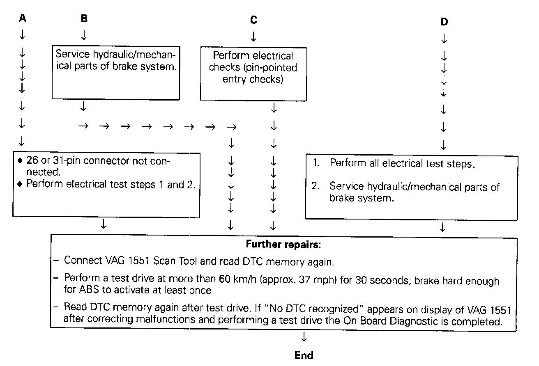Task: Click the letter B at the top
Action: click(x=84, y=18)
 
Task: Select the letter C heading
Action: click(x=253, y=20)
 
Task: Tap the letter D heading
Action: click(x=444, y=22)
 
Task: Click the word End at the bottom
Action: click(x=304, y=355)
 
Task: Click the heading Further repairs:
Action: click(x=283, y=245)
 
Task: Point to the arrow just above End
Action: click(x=304, y=337)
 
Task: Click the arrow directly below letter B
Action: click(x=84, y=36)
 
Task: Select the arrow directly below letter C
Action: click(x=253, y=37)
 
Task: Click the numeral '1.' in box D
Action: click(x=316, y=163)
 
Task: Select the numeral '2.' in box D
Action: click(x=316, y=186)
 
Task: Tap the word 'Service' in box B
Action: click(x=70, y=55)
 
